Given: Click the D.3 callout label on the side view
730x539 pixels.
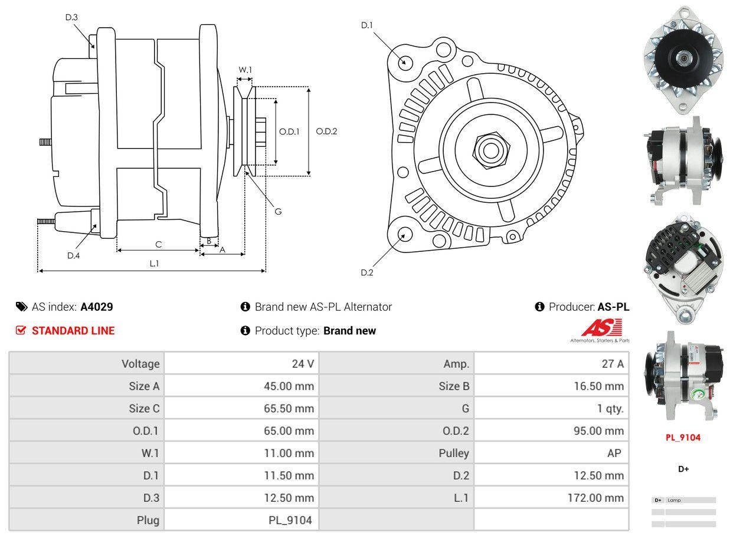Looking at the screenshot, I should point(71,17).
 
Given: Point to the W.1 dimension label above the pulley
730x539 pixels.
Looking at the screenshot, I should point(245,70).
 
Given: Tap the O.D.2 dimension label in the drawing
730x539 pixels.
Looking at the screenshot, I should point(326,131).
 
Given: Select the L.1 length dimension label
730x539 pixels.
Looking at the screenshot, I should point(153,264).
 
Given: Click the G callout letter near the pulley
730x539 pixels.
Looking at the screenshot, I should point(278,211).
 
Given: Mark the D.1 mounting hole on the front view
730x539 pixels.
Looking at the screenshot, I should point(405,62).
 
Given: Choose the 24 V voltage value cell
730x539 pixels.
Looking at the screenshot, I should point(303,364).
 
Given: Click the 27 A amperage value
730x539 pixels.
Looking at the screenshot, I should point(612,364).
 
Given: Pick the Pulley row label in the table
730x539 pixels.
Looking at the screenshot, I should point(454,453).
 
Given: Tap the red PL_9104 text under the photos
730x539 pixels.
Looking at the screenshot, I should point(683,438).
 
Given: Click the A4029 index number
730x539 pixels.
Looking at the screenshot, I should point(97,307).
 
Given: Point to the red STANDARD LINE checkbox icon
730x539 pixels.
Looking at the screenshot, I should point(21,330).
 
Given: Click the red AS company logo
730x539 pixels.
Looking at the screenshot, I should point(602,327).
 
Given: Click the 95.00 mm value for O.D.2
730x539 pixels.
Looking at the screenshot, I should point(598,431).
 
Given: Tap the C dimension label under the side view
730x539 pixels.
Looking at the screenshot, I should point(158,244).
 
